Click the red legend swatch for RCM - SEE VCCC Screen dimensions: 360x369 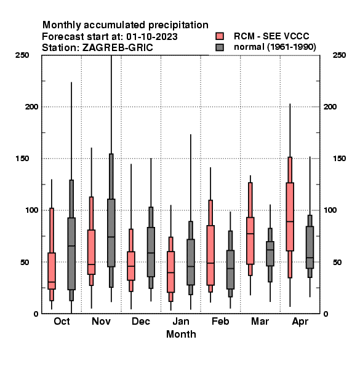click(x=220, y=36)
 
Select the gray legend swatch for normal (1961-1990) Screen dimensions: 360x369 click(x=220, y=47)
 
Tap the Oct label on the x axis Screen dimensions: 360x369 click(x=62, y=321)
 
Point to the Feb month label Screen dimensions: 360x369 click(x=220, y=321)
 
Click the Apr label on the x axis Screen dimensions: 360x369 click(x=300, y=322)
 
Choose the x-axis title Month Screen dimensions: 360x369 click(x=181, y=334)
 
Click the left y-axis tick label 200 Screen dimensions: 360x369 click(x=32, y=106)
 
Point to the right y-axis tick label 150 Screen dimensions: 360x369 click(x=340, y=159)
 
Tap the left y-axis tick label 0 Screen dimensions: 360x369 click(x=36, y=314)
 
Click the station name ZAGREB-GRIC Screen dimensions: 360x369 click(x=118, y=48)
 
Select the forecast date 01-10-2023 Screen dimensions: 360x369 click(x=152, y=37)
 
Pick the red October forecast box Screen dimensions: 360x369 click(x=52, y=271)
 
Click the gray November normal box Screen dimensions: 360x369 click(x=111, y=232)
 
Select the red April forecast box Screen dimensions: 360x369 click(x=290, y=216)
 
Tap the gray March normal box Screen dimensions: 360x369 click(x=270, y=253)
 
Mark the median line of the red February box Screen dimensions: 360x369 click(x=210, y=263)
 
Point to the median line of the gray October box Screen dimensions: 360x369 click(x=71, y=246)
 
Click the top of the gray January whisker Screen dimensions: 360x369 click(x=191, y=134)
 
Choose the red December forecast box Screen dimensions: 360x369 click(x=131, y=266)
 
